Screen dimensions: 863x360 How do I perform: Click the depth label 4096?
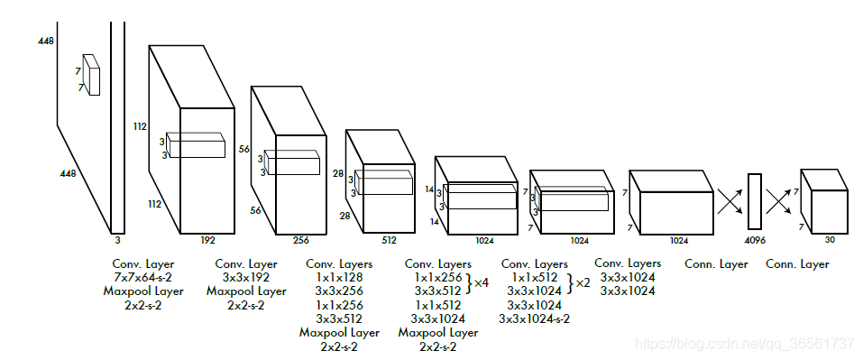755,241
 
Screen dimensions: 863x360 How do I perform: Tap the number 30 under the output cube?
830,240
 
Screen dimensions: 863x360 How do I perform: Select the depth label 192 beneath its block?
208,240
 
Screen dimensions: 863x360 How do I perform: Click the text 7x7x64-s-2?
142,277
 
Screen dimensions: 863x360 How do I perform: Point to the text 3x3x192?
246,277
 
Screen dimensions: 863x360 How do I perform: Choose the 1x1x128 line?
339,277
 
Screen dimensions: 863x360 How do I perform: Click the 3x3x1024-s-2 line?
535,318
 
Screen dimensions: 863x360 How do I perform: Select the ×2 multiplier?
583,283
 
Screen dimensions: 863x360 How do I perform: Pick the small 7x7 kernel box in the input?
91,75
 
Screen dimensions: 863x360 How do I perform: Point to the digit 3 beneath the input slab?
117,240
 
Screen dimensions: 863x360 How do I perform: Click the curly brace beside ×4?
469,283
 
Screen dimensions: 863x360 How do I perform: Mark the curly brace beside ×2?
571,283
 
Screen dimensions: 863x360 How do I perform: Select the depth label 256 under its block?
301,240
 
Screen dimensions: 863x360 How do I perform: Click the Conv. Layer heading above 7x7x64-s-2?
142,263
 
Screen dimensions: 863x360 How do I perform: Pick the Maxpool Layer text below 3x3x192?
246,291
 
